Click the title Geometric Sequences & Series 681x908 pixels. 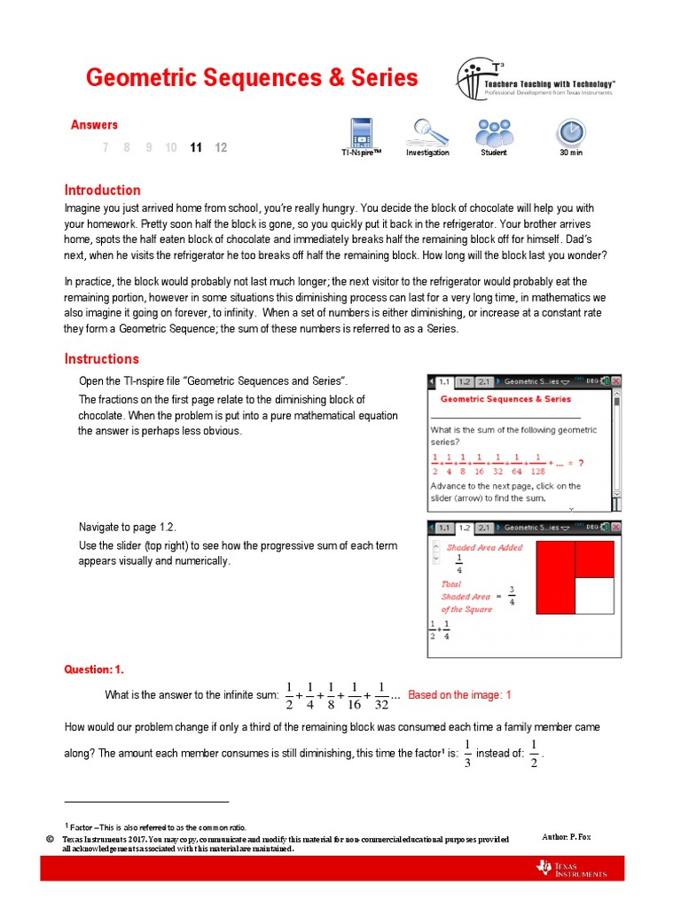[x=251, y=78]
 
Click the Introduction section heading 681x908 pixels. [x=102, y=190]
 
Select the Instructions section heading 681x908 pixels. [x=101, y=359]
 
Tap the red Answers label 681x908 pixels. [x=94, y=125]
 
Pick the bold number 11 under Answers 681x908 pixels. [x=196, y=148]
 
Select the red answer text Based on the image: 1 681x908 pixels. [x=459, y=695]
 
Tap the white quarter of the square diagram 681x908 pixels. [x=594, y=607]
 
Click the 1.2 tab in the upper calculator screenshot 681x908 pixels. [x=465, y=381]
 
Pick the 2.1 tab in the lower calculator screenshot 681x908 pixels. [x=484, y=528]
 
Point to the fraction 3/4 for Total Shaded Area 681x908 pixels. [x=512, y=597]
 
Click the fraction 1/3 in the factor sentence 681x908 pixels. [x=467, y=753]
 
